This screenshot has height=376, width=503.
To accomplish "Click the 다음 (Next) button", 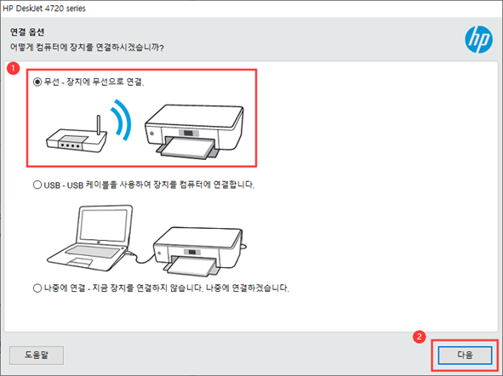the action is [x=465, y=355].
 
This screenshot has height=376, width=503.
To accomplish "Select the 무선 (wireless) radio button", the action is [x=37, y=82].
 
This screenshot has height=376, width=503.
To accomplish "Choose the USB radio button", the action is [x=37, y=185].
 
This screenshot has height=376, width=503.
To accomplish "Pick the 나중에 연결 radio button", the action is [x=37, y=288].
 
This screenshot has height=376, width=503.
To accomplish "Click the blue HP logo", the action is [x=478, y=39].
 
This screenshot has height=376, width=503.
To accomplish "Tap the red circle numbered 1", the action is [x=13, y=68].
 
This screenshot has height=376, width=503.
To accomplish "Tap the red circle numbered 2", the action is [x=419, y=337].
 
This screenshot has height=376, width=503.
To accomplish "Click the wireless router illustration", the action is [x=77, y=135].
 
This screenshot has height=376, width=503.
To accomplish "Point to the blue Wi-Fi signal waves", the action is [x=121, y=120].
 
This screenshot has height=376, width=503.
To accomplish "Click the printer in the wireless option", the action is [x=194, y=131].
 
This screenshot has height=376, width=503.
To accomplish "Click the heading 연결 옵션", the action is [x=27, y=32].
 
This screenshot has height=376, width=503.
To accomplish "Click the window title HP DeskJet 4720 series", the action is [x=44, y=9].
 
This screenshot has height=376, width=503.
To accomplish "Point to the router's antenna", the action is [x=99, y=126].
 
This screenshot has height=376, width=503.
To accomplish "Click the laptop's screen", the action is [x=104, y=226].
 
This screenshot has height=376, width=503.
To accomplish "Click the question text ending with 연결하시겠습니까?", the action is [x=87, y=48].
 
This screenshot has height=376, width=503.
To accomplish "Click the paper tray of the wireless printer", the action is [x=188, y=148].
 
